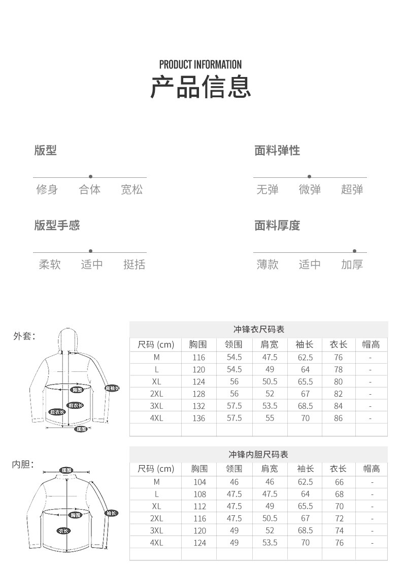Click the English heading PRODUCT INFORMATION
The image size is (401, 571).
[201, 64]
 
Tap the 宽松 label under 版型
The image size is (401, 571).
[132, 190]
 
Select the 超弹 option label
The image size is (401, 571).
[352, 190]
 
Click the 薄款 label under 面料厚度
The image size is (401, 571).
[268, 264]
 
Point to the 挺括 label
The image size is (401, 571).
[134, 264]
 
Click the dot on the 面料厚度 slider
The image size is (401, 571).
[354, 251]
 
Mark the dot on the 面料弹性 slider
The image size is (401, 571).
[309, 176]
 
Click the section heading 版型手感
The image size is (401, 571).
[57, 225]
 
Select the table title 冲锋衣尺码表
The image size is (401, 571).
[258, 329]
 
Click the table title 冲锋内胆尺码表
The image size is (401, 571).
[258, 454]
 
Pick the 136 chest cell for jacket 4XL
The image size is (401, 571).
[199, 418]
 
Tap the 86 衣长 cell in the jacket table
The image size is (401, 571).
[339, 418]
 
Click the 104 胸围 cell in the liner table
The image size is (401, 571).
[199, 482]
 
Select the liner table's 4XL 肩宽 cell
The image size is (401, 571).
[270, 543]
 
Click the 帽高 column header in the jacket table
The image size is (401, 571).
[371, 345]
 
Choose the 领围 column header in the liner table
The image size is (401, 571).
[234, 469]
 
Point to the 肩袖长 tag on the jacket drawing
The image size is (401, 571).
[112, 388]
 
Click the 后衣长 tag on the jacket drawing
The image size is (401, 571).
[57, 412]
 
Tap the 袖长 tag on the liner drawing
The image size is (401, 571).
[112, 513]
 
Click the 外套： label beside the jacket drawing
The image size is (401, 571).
[24, 335]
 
